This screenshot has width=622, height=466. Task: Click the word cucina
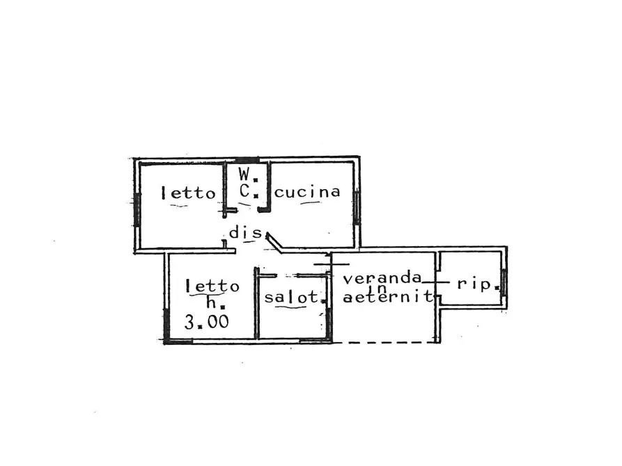[x=307, y=192]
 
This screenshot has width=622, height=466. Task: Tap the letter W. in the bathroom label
[x=249, y=175]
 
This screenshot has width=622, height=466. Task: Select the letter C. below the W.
[x=249, y=192]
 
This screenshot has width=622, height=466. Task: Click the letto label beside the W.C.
[x=189, y=193]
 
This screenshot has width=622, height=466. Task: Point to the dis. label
[x=246, y=232]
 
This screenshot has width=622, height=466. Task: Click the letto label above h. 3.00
[x=212, y=286]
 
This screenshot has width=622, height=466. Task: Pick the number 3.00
[x=207, y=321]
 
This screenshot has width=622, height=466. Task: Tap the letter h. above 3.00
[x=216, y=303]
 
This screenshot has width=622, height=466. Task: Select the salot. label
[x=295, y=297]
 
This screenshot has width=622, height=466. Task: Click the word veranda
[x=382, y=278]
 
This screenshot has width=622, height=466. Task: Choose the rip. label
[x=478, y=284]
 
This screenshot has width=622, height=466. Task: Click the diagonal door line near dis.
[x=274, y=243]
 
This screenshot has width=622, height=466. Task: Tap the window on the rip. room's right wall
[x=504, y=282]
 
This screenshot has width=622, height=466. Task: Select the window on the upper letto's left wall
[x=137, y=209]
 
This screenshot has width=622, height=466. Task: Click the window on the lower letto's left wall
[x=166, y=323]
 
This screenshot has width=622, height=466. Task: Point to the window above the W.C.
[x=247, y=160]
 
